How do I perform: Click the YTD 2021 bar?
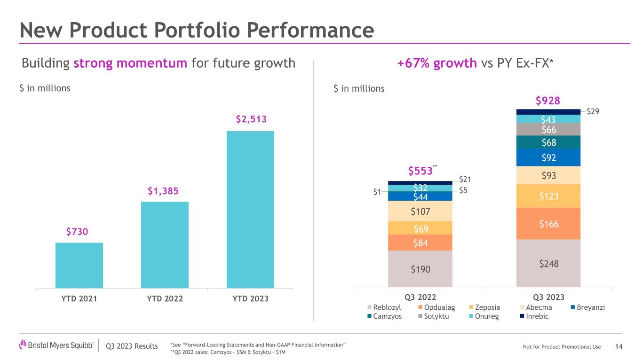pos(79,265)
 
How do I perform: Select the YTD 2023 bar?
pos(250,209)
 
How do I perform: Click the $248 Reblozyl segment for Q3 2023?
pos(548,263)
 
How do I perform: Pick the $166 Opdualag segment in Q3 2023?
pos(548,224)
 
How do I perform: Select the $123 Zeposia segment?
pos(548,196)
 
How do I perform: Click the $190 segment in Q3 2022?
pos(420,269)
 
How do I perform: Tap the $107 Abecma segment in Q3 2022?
pos(420,211)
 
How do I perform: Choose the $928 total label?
pos(548,100)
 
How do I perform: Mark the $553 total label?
pos(420,171)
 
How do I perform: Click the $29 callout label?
pos(593,111)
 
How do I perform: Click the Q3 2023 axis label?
pos(548,297)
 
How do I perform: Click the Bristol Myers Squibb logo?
pos(56,346)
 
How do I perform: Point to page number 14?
pos(619,346)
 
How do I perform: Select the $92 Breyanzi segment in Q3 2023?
pos(548,157)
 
